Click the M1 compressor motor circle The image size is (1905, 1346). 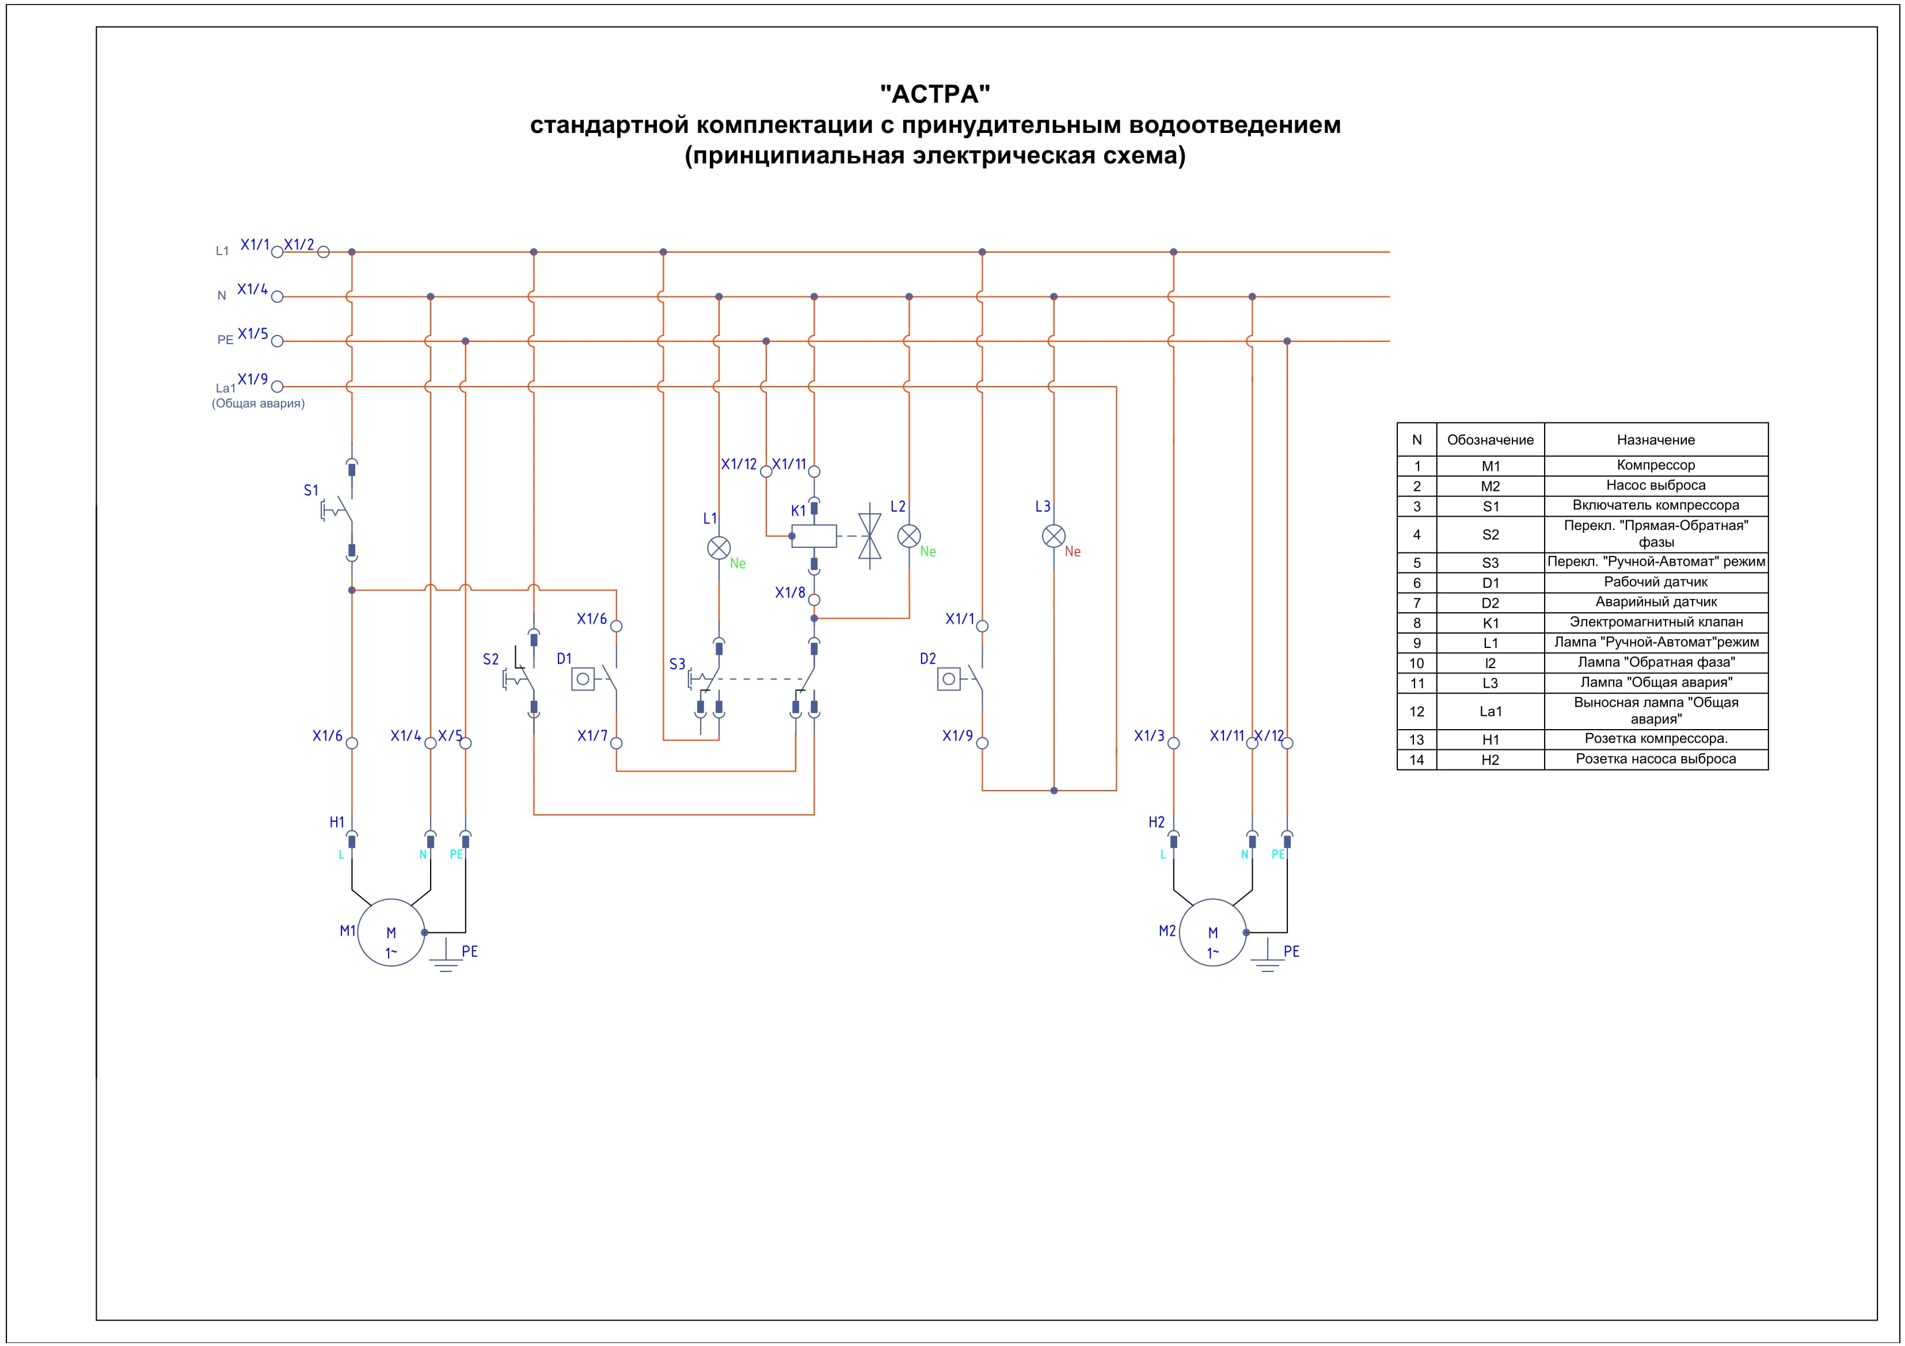pyautogui.click(x=391, y=932)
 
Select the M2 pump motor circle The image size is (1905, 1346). pyautogui.click(x=1212, y=932)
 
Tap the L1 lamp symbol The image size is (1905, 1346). pyautogui.click(x=718, y=547)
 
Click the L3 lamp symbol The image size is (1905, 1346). pyautogui.click(x=1053, y=536)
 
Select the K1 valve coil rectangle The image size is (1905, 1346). pyautogui.click(x=814, y=536)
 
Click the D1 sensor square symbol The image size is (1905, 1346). pyautogui.click(x=583, y=679)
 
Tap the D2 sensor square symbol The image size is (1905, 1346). pyautogui.click(x=948, y=679)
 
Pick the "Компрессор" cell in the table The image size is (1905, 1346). pyautogui.click(x=1655, y=465)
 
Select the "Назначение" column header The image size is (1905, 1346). pyautogui.click(x=1655, y=440)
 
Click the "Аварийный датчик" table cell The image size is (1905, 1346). pyautogui.click(x=1655, y=602)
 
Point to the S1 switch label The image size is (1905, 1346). pyautogui.click(x=311, y=490)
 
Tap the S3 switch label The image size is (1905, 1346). pyautogui.click(x=677, y=664)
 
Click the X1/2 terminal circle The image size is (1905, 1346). pyautogui.click(x=324, y=252)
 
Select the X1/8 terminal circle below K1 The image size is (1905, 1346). pyautogui.click(x=814, y=600)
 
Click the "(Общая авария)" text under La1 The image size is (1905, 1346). pyautogui.click(x=258, y=404)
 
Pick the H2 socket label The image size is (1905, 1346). pyautogui.click(x=1156, y=822)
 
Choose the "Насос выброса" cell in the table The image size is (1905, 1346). pyautogui.click(x=1655, y=485)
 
